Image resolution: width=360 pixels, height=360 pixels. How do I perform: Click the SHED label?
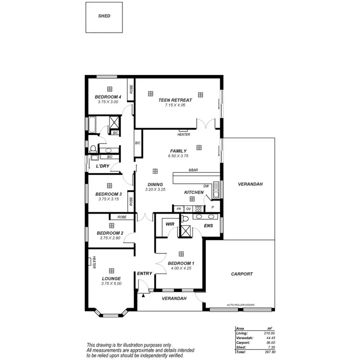(x=104, y=16)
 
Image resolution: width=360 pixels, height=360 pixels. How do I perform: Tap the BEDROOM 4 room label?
(x=108, y=97)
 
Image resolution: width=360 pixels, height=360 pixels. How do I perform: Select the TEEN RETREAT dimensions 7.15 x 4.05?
(x=175, y=105)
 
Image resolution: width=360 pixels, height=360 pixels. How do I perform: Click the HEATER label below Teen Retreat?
(x=183, y=134)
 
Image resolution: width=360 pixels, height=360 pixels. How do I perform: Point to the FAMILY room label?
(x=178, y=151)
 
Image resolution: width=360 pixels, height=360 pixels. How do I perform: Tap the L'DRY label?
(x=103, y=166)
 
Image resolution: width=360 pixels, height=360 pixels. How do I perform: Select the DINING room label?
(x=155, y=184)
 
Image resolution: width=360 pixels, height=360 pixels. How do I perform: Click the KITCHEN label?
(x=194, y=192)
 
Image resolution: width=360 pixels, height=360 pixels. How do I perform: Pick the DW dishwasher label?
(x=206, y=186)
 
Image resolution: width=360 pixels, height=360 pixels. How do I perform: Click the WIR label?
(x=169, y=224)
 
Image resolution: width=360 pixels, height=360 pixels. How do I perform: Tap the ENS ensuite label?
(x=208, y=225)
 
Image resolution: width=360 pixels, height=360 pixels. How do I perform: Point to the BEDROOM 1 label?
(x=181, y=263)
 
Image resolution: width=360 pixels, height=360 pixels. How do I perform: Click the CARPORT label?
(x=241, y=274)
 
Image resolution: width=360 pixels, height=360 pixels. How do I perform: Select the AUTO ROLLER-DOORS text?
(x=241, y=305)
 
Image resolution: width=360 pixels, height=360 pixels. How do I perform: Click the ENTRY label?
(x=144, y=274)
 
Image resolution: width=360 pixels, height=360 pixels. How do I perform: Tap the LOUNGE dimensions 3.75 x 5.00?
(x=111, y=284)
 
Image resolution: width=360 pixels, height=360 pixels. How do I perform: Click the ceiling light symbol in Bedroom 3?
(x=109, y=185)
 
